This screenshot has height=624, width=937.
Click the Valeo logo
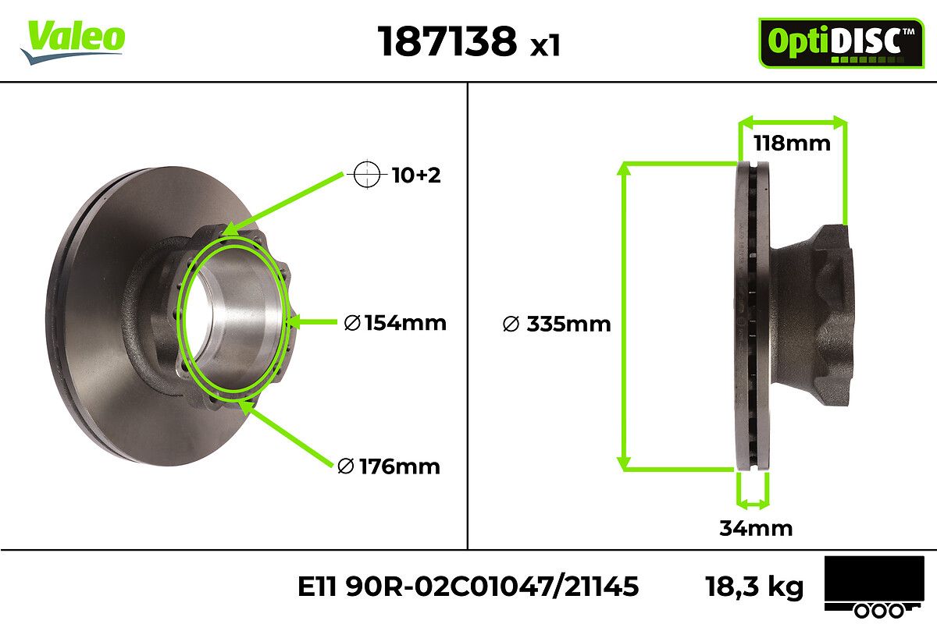point(73,41)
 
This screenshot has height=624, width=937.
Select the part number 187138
point(447,41)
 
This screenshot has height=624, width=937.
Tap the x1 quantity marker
point(545,45)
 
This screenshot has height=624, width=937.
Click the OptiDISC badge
point(841,43)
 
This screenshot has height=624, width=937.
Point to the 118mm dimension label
point(792,144)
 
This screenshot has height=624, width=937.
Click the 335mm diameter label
point(557,324)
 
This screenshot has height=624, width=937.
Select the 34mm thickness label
point(756,528)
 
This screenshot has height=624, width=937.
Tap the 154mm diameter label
point(395,323)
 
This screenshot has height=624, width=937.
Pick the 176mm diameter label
point(389,466)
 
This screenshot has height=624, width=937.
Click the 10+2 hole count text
point(416,175)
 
